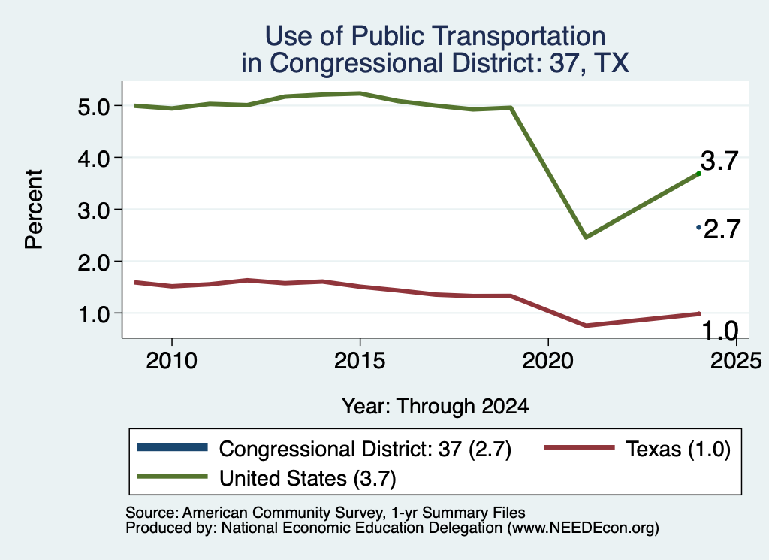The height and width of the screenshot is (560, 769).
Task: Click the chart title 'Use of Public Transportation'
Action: pos(435,36)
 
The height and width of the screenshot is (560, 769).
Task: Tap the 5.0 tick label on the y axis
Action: pos(93,107)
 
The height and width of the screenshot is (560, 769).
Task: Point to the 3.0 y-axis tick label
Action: pos(93,210)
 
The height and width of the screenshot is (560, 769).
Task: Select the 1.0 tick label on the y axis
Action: pos(93,313)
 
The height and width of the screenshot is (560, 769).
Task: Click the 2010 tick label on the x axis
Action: pos(172,361)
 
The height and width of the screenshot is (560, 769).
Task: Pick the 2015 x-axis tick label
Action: pos(360,361)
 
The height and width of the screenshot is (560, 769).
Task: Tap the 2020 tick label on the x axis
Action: pos(547,361)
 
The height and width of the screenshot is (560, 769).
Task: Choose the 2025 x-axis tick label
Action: pos(736,361)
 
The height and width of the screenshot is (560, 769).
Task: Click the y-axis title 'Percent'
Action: pos(34,209)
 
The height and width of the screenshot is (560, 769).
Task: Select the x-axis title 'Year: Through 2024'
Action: pos(435,407)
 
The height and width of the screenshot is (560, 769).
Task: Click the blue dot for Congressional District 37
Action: pos(699,227)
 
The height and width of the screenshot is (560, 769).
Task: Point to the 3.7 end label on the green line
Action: pos(719,161)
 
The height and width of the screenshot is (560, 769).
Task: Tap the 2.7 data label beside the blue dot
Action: pos(722,229)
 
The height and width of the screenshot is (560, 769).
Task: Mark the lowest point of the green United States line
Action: pos(586,238)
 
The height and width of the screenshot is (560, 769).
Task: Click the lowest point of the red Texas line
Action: pos(586,325)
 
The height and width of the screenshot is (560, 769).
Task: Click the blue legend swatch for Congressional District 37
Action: pos(173,447)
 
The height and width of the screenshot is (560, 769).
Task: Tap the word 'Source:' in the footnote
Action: pos(152,513)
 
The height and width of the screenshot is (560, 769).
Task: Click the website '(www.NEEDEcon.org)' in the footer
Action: pos(583,528)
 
